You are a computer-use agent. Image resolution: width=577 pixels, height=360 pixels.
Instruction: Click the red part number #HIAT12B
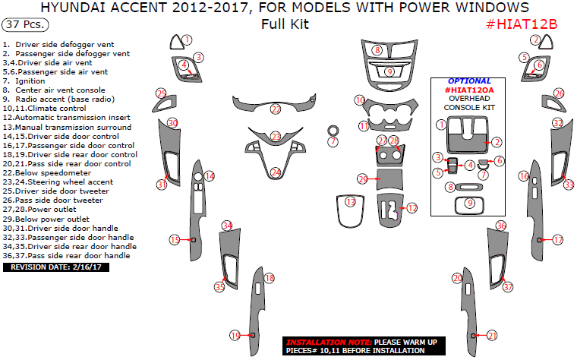(x=522, y=24)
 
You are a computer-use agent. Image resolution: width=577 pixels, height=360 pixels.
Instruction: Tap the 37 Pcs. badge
(x=25, y=24)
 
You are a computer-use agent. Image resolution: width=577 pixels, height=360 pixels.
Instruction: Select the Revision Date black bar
(x=56, y=267)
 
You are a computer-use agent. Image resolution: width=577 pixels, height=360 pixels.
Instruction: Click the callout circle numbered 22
(x=276, y=109)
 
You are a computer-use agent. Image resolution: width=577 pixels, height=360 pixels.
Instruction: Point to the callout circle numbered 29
(x=363, y=179)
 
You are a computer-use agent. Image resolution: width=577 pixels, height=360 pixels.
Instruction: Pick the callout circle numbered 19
(x=235, y=336)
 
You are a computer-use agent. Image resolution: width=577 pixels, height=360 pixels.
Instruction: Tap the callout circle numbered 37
(x=508, y=287)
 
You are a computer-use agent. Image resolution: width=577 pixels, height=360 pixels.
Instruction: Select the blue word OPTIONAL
(x=469, y=81)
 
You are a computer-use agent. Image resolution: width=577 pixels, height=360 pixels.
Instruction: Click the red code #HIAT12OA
(x=469, y=90)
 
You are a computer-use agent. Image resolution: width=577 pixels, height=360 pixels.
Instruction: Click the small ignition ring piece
(x=333, y=131)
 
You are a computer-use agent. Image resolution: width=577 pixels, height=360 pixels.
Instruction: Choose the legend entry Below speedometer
(x=47, y=173)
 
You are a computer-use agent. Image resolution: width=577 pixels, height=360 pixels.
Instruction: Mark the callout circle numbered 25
(x=161, y=93)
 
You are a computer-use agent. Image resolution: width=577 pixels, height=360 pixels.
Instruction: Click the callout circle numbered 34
(x=227, y=226)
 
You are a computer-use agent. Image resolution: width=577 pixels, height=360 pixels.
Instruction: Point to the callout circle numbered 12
(x=412, y=208)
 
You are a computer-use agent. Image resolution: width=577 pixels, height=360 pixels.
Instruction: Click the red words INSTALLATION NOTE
(x=329, y=342)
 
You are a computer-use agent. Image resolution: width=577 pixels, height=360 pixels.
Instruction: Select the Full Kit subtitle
(x=285, y=24)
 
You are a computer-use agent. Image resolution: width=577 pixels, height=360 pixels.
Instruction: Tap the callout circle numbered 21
(x=493, y=336)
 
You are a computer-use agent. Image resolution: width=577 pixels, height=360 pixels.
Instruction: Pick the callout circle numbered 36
(x=501, y=226)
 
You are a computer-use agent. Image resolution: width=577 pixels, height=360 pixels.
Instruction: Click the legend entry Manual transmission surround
(x=67, y=128)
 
